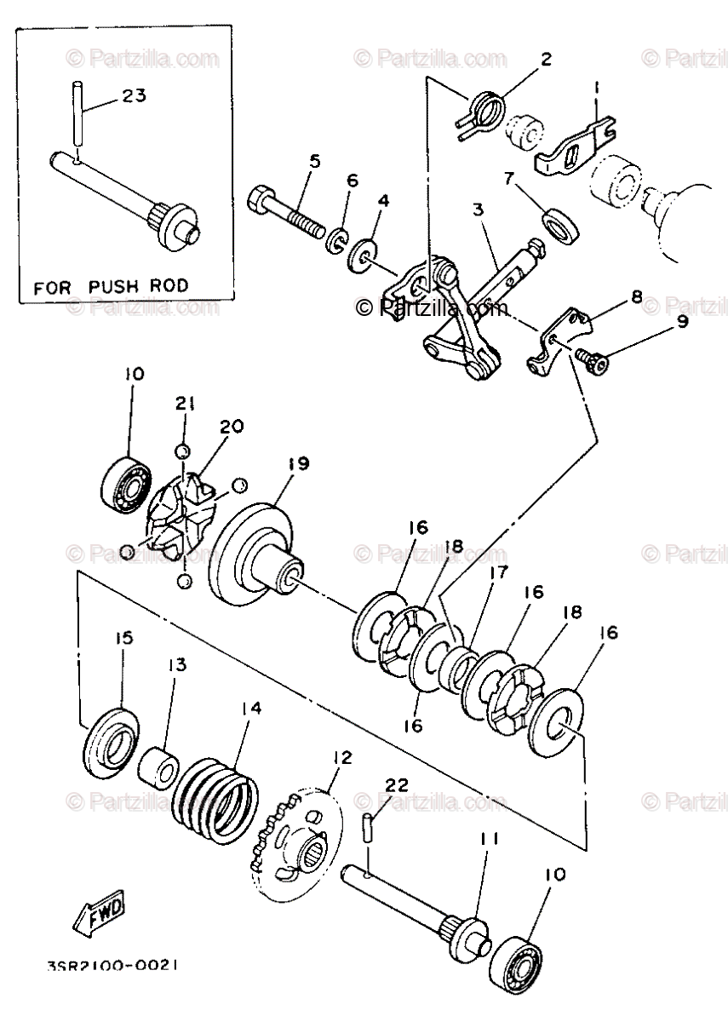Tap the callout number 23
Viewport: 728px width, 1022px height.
pyautogui.click(x=134, y=96)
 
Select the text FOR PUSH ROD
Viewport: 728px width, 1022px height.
pyautogui.click(x=111, y=287)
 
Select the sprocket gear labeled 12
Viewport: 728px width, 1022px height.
pyautogui.click(x=297, y=843)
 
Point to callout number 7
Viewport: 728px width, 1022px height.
pyautogui.click(x=509, y=179)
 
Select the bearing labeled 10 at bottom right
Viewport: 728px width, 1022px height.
pyautogui.click(x=519, y=962)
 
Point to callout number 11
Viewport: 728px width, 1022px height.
pyautogui.click(x=487, y=838)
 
